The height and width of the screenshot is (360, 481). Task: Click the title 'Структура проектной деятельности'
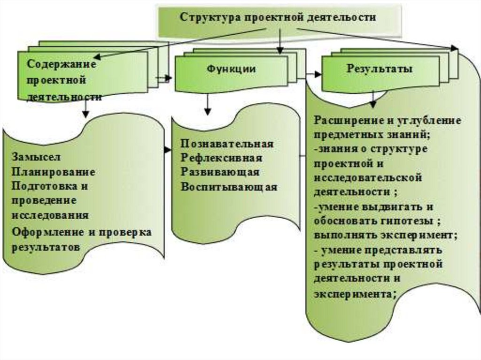(x=278, y=17)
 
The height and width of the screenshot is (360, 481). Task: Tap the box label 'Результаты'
(x=380, y=69)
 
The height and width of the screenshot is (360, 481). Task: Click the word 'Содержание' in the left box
(x=61, y=64)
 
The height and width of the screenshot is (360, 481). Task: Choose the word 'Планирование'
(x=54, y=171)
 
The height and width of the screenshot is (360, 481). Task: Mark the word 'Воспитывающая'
(x=229, y=187)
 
